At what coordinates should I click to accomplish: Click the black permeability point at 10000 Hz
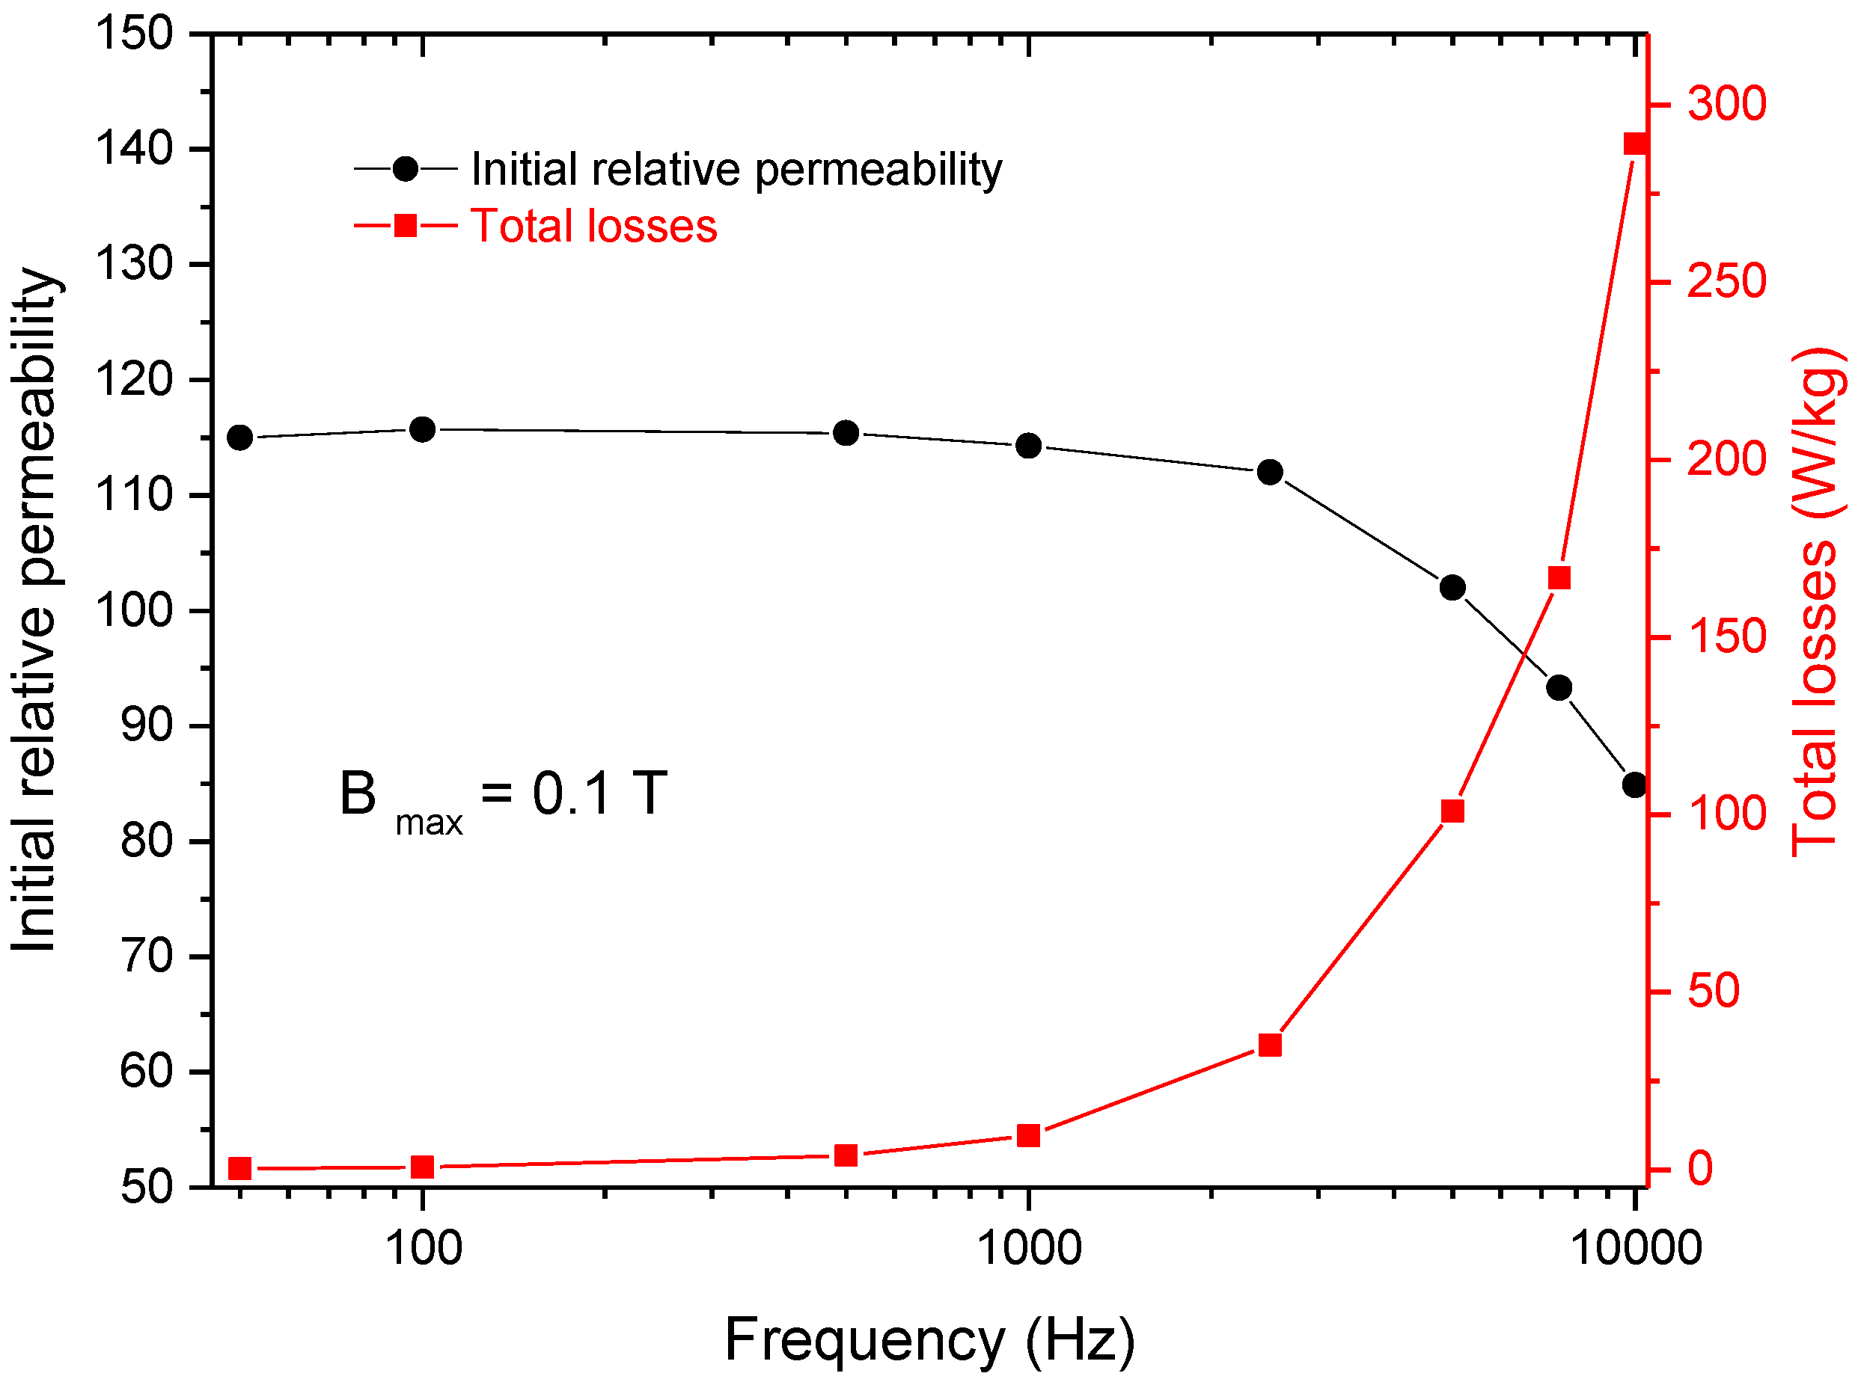click(1634, 785)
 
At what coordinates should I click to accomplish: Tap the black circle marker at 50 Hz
click(240, 437)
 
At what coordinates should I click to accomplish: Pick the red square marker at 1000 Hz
click(1029, 1135)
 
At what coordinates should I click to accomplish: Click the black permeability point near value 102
click(1452, 587)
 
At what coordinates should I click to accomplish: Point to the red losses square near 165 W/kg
click(1559, 577)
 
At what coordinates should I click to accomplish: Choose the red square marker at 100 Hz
click(423, 1167)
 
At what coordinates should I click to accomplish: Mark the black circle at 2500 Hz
click(1270, 472)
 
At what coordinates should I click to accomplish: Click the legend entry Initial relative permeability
click(736, 170)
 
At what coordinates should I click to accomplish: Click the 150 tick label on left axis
click(135, 34)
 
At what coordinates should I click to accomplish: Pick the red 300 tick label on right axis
click(1727, 104)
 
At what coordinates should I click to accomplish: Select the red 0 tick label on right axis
click(1700, 1168)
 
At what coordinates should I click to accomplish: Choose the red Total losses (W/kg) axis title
click(1818, 601)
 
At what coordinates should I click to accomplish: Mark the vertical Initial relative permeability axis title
click(35, 609)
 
